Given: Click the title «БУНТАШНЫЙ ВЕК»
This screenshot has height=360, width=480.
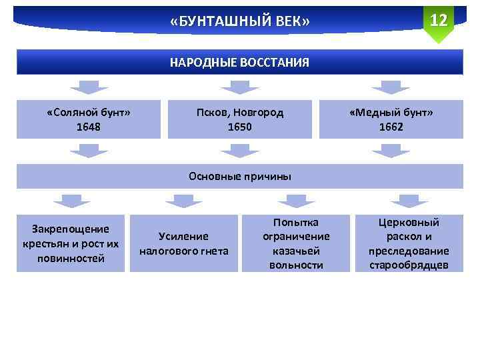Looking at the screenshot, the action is coord(240,22).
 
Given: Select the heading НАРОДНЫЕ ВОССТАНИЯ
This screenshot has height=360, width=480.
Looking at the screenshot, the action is coord(240,63).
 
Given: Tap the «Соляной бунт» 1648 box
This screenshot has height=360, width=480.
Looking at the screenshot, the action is coord(89,119).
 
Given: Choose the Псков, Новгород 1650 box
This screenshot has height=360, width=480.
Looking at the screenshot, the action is coord(240,119).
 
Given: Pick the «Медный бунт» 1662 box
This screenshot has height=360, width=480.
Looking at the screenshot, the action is coord(391,119).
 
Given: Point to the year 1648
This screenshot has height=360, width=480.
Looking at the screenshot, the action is coord(89,127).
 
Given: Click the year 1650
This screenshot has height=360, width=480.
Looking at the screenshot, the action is coord(240,127).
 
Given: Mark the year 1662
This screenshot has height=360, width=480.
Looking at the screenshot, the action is coord(391,127).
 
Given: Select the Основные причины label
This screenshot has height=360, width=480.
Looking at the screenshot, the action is coord(240,177).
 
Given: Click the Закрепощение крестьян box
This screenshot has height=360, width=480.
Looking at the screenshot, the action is coord(71,243).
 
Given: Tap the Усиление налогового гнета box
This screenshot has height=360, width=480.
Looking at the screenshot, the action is coord(184,243).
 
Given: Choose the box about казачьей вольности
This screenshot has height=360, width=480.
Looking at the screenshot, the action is coord(296,243).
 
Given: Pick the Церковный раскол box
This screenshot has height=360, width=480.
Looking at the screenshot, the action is coord(409,243).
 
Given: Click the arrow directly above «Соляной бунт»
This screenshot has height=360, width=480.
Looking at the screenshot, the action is coord(89,87).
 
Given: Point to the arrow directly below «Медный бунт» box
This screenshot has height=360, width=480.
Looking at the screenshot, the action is coord(391,151).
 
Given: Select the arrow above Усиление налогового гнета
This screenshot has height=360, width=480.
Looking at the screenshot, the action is coord(184,201).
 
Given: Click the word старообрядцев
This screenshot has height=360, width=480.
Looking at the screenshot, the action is coord(409,265).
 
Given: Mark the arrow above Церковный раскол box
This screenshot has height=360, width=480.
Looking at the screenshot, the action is coord(409,201).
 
